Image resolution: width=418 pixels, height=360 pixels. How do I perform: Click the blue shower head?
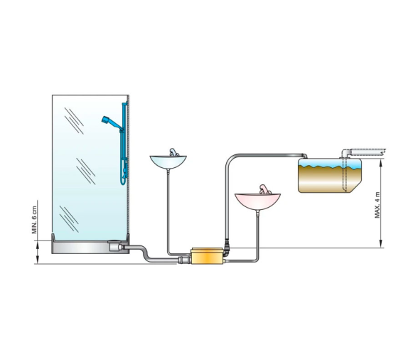click(109, 119)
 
